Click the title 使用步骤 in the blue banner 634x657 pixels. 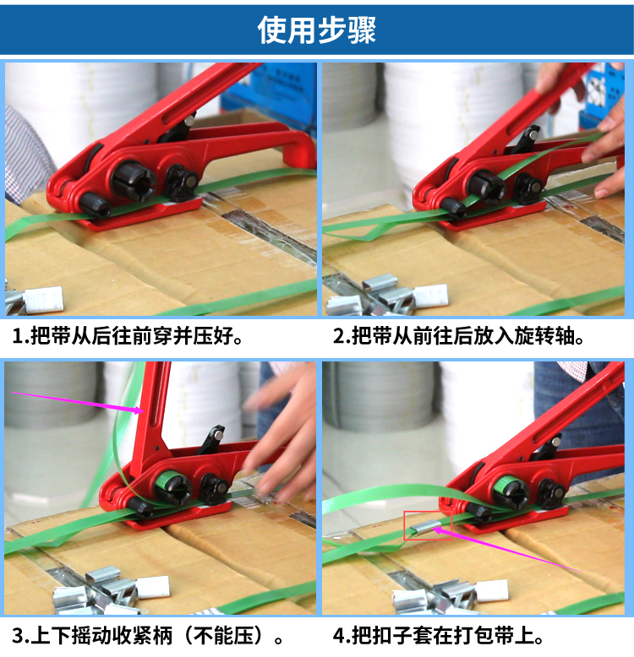(317, 30)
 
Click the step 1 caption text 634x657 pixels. (128, 336)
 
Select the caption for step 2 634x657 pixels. (459, 336)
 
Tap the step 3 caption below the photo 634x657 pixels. (148, 636)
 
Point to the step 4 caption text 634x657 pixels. (438, 636)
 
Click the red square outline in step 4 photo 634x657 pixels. (428, 512)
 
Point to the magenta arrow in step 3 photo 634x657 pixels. (78, 402)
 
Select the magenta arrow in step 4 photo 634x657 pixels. (507, 550)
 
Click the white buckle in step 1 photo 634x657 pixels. (44, 299)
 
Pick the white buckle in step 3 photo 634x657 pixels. (153, 587)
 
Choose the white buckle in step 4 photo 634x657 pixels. (491, 590)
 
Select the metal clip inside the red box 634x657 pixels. (425, 529)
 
